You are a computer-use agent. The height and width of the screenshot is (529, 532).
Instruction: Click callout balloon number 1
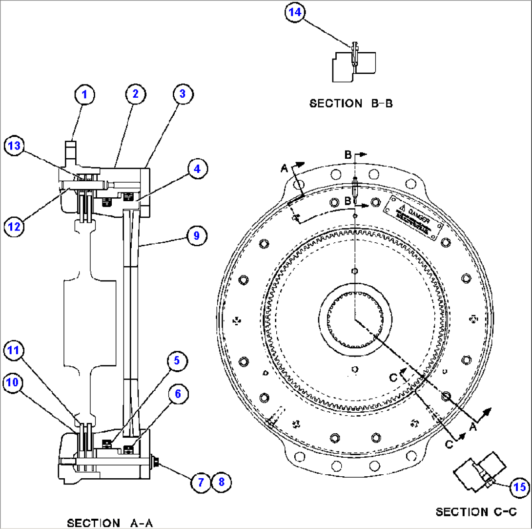[84, 95]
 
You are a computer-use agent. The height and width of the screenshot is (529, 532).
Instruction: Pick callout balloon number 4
[196, 169]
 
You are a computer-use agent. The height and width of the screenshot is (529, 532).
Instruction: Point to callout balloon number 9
[196, 236]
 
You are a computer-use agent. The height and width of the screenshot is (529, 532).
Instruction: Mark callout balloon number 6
[178, 394]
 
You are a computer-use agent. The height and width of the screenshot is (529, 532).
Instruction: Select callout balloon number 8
[221, 482]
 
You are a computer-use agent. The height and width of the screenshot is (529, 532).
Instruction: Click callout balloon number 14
[295, 13]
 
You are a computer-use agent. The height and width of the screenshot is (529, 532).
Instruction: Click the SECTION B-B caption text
[351, 104]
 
